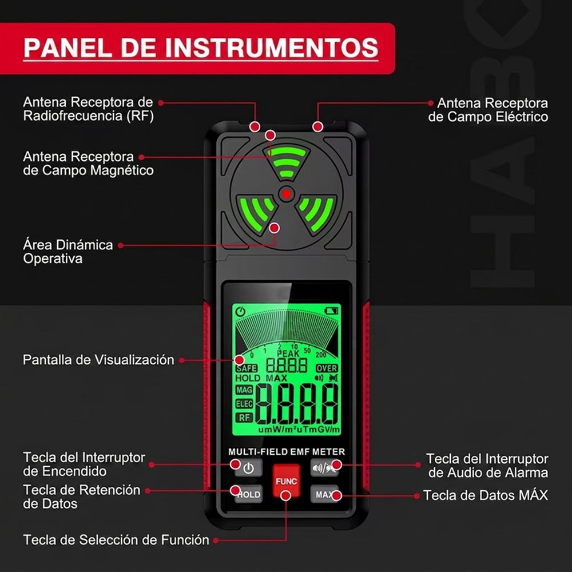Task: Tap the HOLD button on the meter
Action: pos(248,494)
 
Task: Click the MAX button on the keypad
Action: pos(324,494)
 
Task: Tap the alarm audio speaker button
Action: pos(324,468)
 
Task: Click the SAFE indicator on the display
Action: pos(247,368)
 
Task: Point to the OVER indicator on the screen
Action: pos(327,368)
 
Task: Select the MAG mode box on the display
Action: pos(244,390)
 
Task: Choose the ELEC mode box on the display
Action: pos(244,404)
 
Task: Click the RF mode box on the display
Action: pos(244,418)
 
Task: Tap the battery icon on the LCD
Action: pos(332,311)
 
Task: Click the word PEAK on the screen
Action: pos(288,353)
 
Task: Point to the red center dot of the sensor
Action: pos(287,194)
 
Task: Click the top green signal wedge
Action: pos(287,161)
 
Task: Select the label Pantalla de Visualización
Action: pos(98,360)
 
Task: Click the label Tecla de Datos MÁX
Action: pos(486,495)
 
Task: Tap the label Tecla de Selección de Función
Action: pos(116,539)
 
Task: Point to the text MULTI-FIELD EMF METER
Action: pos(287,452)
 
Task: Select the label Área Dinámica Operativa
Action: pos(68,252)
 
